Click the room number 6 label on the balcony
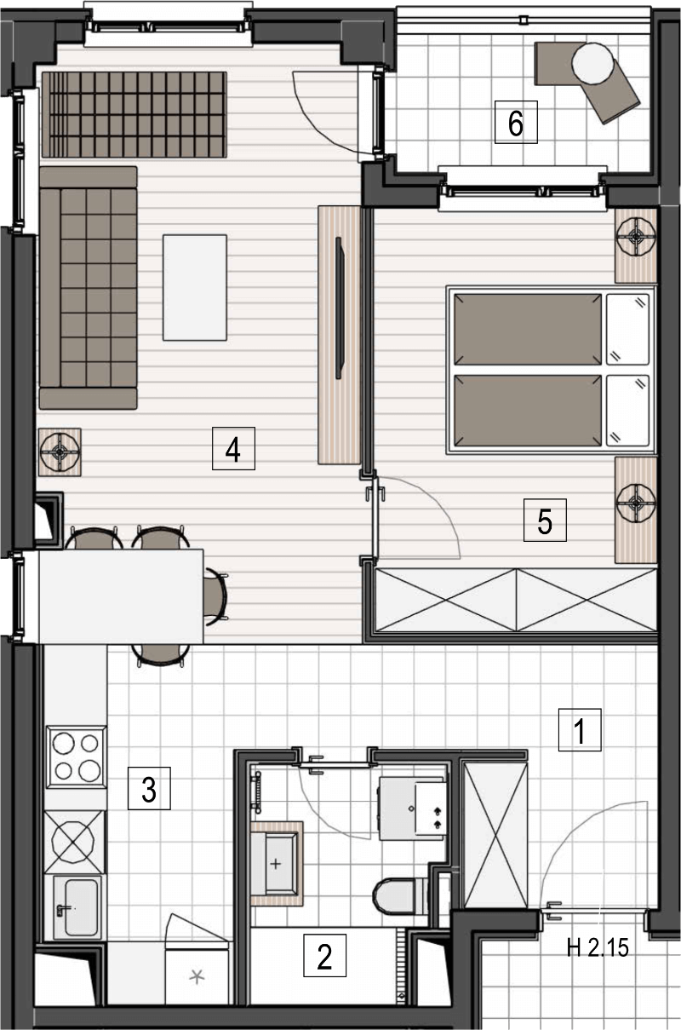pos(516,123)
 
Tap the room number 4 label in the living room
pos(233,448)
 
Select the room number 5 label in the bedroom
pos(545,520)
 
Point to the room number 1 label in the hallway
pos(580,730)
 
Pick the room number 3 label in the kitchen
pos(149,788)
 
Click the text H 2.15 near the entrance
pos(598,948)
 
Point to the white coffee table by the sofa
pos(195,287)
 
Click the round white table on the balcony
pos(592,63)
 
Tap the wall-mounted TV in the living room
pos(340,308)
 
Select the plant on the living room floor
pos(60,452)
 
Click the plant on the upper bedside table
pos(636,236)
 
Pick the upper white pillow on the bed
pos(627,329)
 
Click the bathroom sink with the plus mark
pos(274,864)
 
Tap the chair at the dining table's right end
pos(215,596)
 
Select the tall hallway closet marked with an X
pos(495,836)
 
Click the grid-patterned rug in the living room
pos(134,114)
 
